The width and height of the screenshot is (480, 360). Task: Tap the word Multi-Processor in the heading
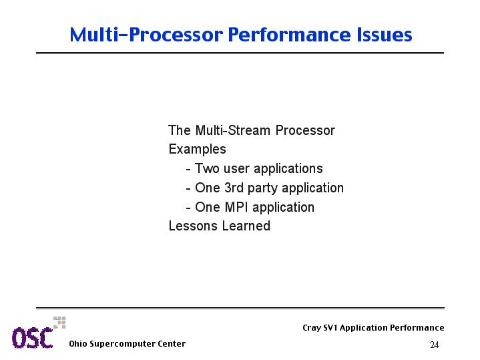146,34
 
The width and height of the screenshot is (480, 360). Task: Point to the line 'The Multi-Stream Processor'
252,130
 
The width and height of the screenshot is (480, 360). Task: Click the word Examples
197,150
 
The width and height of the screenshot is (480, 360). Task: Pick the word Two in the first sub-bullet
207,168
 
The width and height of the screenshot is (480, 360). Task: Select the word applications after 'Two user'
288,169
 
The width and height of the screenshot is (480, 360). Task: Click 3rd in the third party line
234,188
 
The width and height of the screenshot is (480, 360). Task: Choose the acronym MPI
236,207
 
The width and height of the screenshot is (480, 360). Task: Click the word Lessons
193,226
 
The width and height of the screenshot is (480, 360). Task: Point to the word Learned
246,226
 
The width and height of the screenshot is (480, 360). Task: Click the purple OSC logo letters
33,338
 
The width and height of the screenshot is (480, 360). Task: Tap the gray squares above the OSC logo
59,323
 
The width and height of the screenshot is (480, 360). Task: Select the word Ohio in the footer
77,344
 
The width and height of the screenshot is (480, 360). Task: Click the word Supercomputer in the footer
122,345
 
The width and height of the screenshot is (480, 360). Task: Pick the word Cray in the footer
312,328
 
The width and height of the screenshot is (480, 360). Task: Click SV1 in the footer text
330,328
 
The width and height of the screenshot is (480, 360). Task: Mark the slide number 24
435,345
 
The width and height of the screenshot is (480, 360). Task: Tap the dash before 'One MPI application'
188,208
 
